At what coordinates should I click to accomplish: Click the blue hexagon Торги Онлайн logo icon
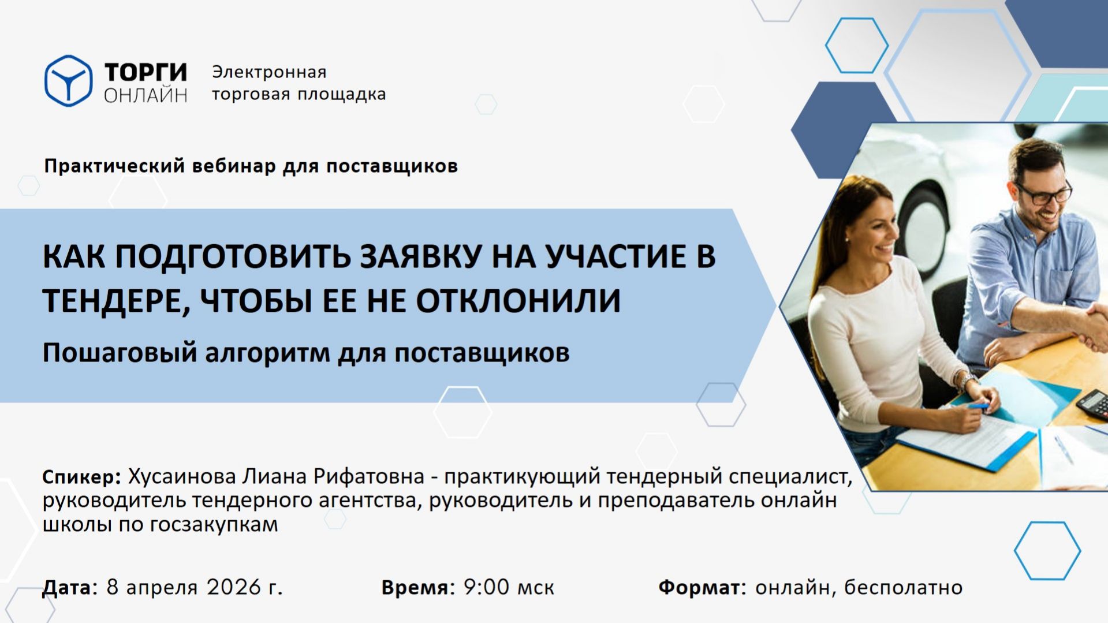point(68,81)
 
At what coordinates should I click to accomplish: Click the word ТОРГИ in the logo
point(146,73)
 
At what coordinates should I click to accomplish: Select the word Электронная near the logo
point(269,72)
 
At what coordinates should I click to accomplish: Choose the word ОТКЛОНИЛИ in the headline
point(518,300)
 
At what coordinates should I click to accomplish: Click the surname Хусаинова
point(182,477)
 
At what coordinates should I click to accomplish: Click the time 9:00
point(487,587)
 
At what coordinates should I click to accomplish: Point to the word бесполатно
point(903,587)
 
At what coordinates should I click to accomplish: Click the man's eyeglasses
point(1044,193)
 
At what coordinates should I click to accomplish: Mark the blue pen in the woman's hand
point(978,406)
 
